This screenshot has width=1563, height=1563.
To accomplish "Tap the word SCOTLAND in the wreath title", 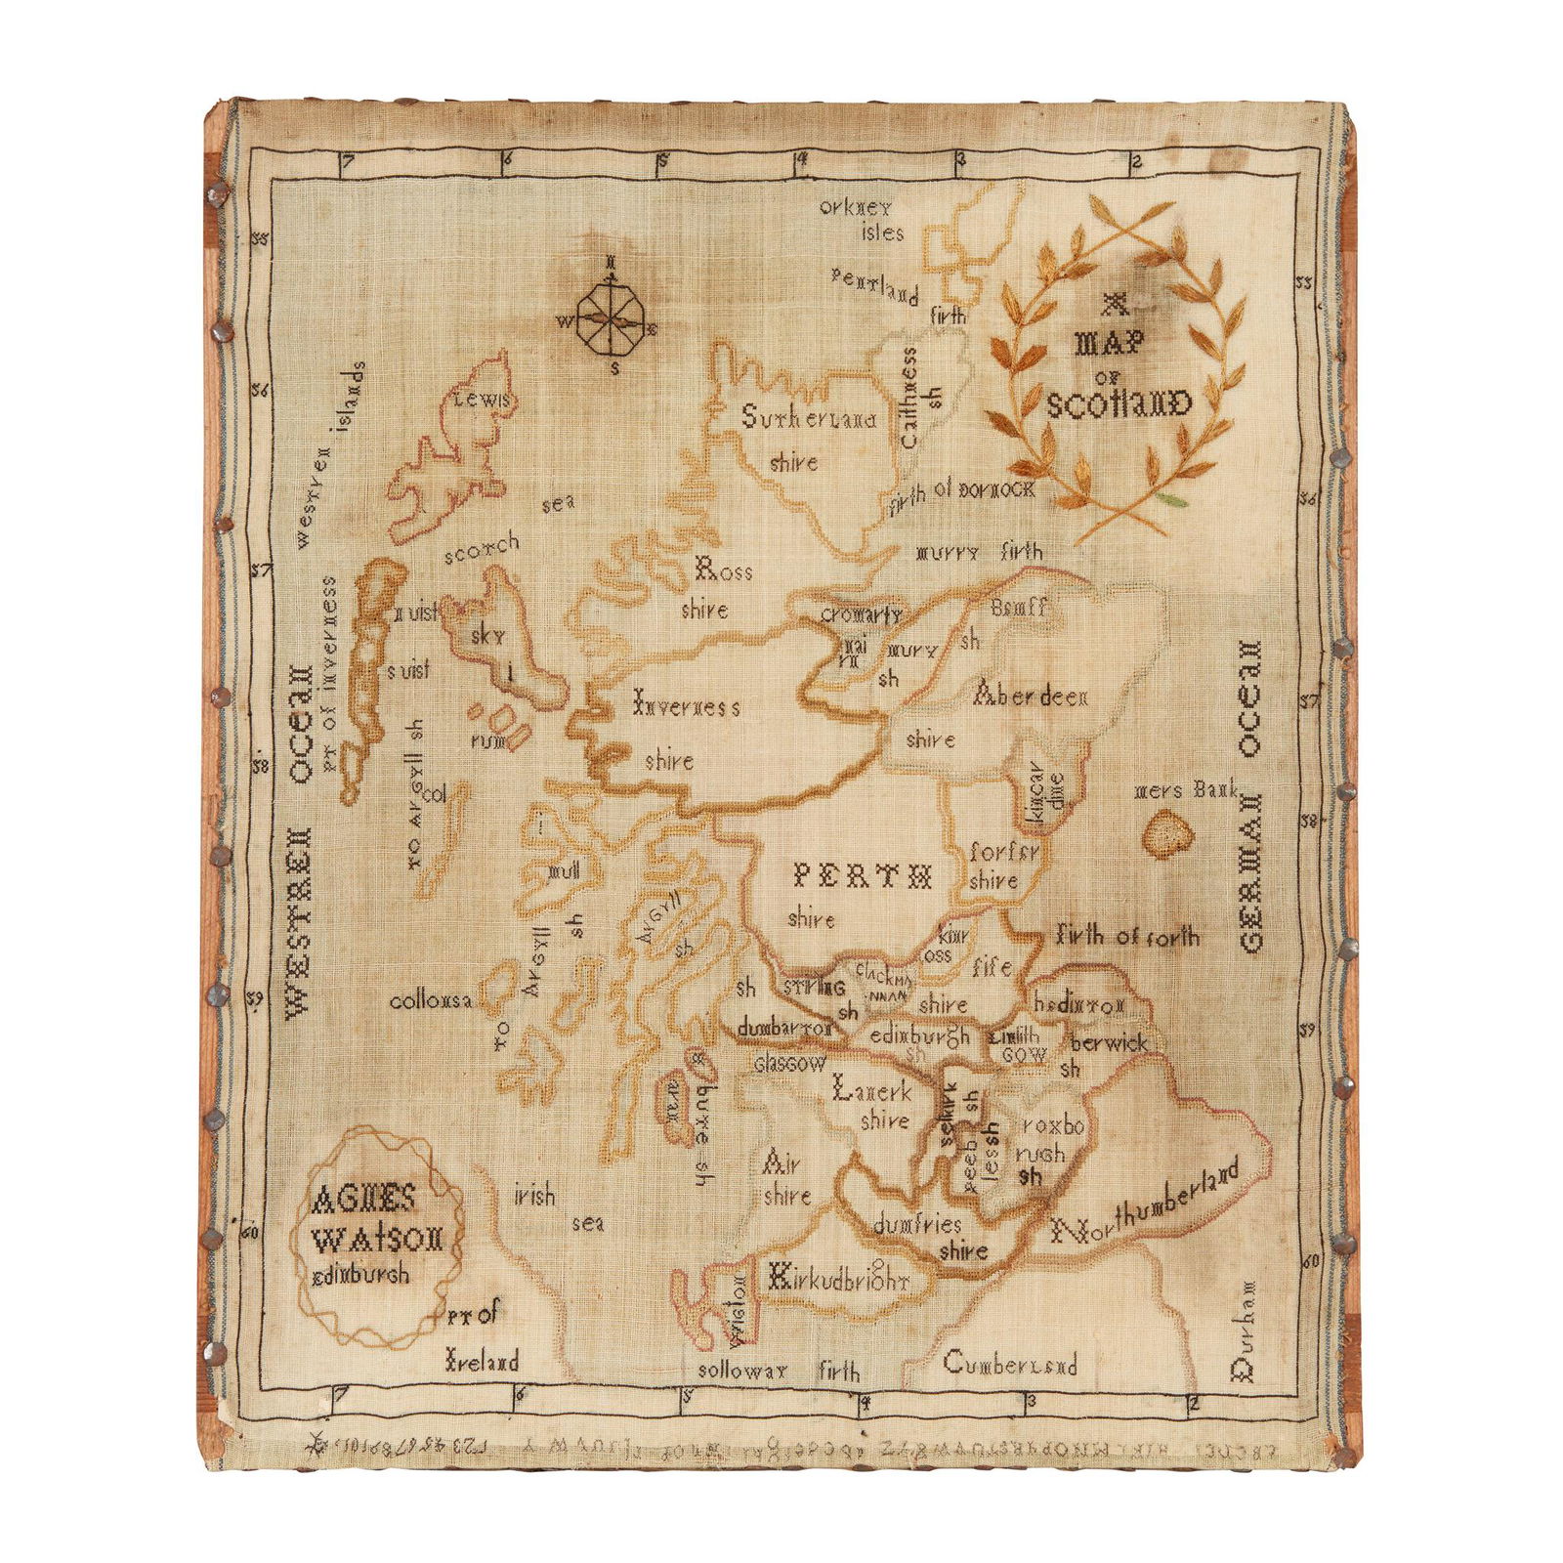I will click(x=1119, y=402).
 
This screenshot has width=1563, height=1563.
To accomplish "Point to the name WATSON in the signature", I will click(x=378, y=1241).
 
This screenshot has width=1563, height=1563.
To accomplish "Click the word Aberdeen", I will click(x=1030, y=696).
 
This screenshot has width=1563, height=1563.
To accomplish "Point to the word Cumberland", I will click(x=1010, y=1362).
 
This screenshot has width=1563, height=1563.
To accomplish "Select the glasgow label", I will click(x=789, y=1064).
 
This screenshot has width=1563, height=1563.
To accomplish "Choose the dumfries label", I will click(x=917, y=1224).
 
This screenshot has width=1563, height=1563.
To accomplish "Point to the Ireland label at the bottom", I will click(x=482, y=1360).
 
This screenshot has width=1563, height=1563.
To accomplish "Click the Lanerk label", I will click(x=871, y=1090).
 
